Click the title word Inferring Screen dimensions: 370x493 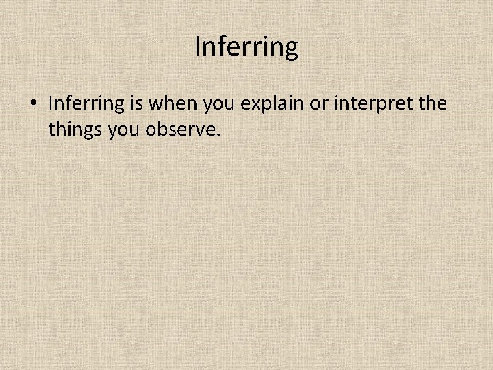point(246,47)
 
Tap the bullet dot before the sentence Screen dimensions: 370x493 point(32,104)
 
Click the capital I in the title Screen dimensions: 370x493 point(198,47)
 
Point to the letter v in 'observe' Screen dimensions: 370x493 point(197,129)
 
